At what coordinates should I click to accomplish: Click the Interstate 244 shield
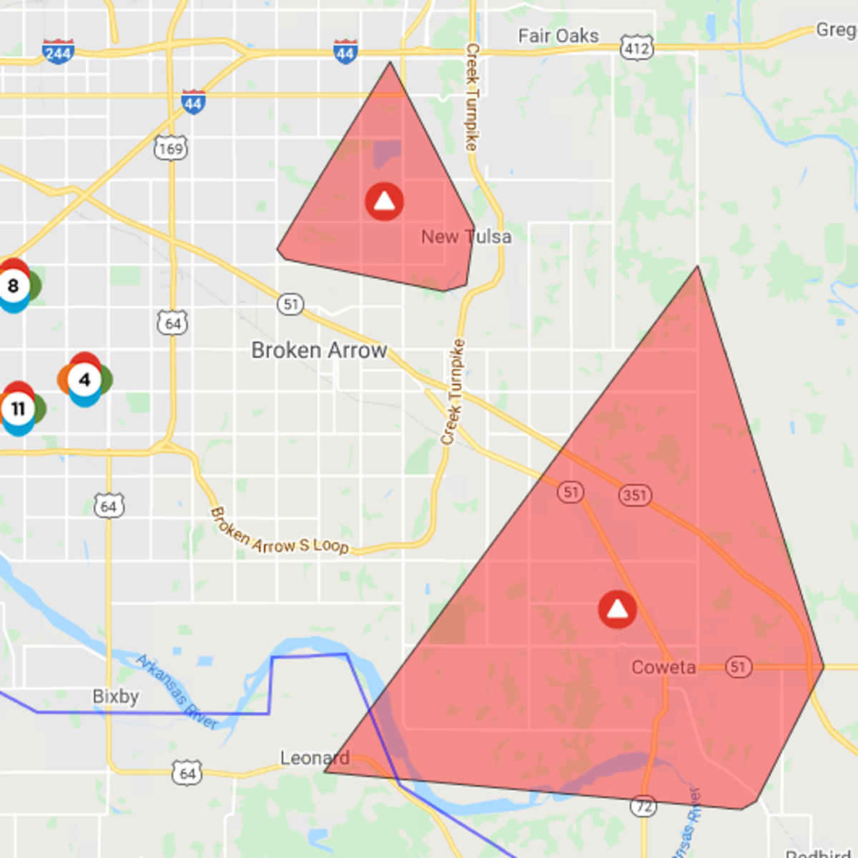[57, 52]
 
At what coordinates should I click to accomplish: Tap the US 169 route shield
[170, 149]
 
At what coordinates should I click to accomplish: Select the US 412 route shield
[636, 48]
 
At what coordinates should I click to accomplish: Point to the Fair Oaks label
[558, 36]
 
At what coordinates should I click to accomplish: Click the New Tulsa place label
[466, 237]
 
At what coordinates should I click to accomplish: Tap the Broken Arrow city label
[319, 350]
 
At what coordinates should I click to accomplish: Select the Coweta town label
[663, 667]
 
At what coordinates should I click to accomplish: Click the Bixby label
[116, 696]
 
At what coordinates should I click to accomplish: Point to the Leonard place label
[315, 758]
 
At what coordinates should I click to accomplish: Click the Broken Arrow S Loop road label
[279, 533]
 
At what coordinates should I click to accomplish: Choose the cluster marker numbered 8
[14, 286]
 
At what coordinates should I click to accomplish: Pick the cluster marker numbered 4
[84, 380]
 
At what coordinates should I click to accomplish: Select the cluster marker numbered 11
[19, 409]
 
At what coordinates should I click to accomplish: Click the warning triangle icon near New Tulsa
[384, 202]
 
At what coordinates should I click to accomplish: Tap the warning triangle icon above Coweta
[617, 609]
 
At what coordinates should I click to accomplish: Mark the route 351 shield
[634, 495]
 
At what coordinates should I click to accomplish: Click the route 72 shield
[643, 807]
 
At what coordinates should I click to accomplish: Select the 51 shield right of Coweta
[738, 667]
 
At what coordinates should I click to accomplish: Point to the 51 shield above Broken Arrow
[290, 305]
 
